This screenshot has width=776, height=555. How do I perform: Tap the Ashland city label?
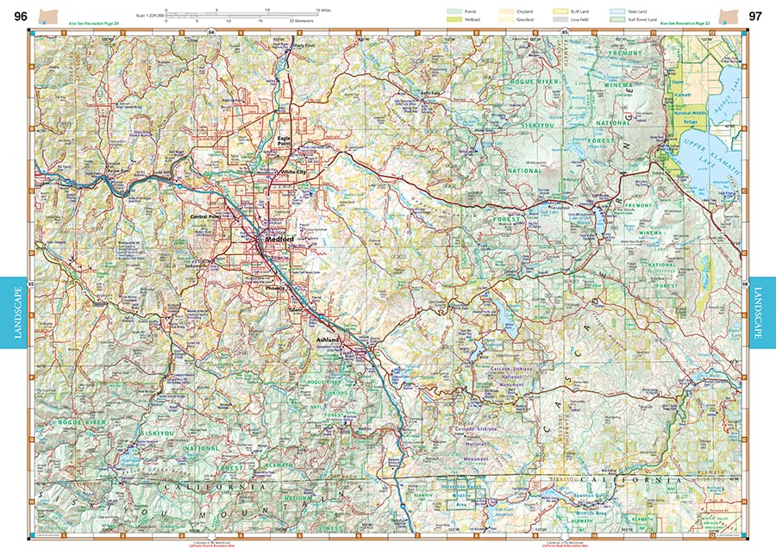329,340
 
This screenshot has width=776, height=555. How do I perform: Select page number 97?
754,16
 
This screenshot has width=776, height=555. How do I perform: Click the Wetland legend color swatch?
454,18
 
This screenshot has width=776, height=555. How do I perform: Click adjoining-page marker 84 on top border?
211,31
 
